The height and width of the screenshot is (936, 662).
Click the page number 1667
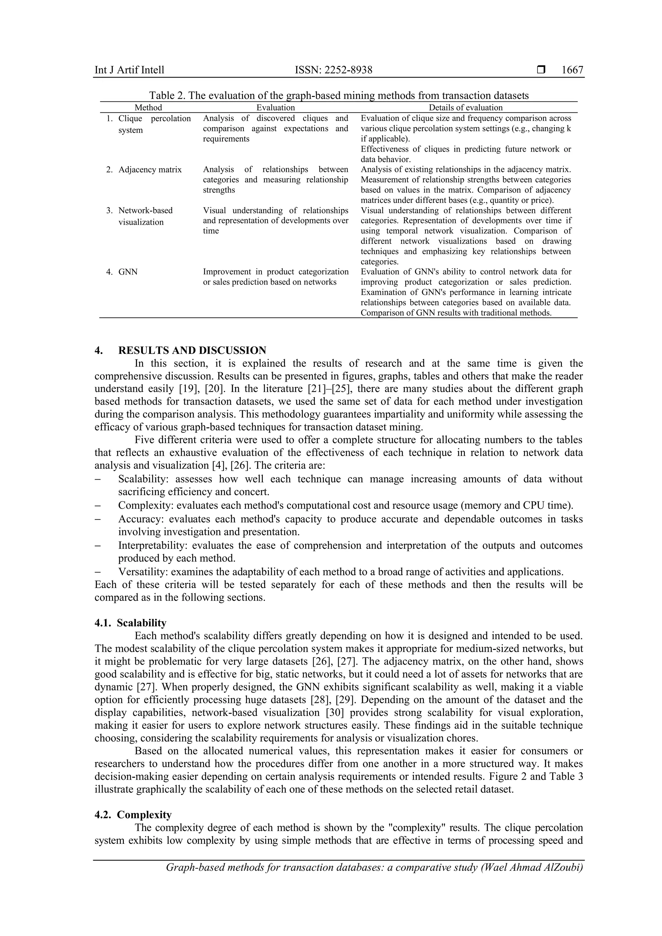click(572, 70)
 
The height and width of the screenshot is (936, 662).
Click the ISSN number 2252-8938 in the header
click(334, 70)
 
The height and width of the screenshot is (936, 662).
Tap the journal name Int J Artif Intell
click(129, 70)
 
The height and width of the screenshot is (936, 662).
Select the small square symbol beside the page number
click(541, 70)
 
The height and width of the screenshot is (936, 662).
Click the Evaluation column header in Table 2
click(275, 108)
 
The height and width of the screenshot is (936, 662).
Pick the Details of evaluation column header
click(465, 108)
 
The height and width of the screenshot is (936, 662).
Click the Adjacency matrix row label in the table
click(150, 170)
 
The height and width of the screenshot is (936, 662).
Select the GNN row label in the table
click(128, 272)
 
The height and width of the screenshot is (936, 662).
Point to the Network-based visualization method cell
click(145, 216)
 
